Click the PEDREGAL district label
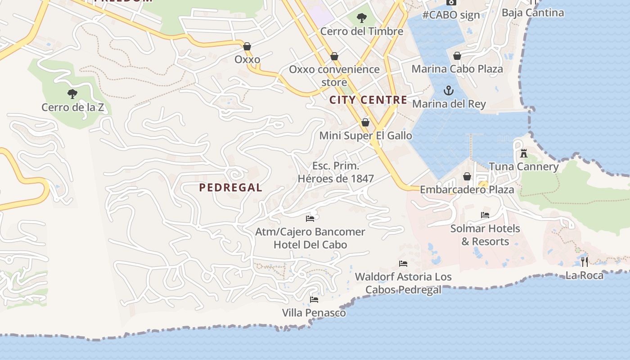pyautogui.click(x=230, y=188)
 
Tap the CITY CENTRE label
pyautogui.click(x=368, y=100)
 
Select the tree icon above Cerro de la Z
pyautogui.click(x=72, y=94)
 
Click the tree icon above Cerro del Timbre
pyautogui.click(x=361, y=18)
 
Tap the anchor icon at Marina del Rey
pyautogui.click(x=449, y=91)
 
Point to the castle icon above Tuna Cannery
pyautogui.click(x=523, y=153)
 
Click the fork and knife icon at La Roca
pyautogui.click(x=584, y=261)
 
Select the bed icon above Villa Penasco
pyautogui.click(x=314, y=299)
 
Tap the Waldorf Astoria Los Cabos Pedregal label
pyautogui.click(x=403, y=283)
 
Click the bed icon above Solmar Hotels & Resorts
pyautogui.click(x=485, y=215)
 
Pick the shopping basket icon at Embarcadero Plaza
pyautogui.click(x=467, y=176)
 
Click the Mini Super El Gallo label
pyautogui.click(x=365, y=135)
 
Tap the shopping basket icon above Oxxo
pyautogui.click(x=247, y=46)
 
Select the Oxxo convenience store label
pyautogui.click(x=334, y=76)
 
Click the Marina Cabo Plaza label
pyautogui.click(x=457, y=69)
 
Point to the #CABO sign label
pyautogui.click(x=451, y=15)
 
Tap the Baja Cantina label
pyautogui.click(x=533, y=13)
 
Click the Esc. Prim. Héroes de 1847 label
pyautogui.click(x=336, y=172)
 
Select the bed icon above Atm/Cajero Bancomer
pyautogui.click(x=310, y=219)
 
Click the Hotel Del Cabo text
pyautogui.click(x=310, y=245)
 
